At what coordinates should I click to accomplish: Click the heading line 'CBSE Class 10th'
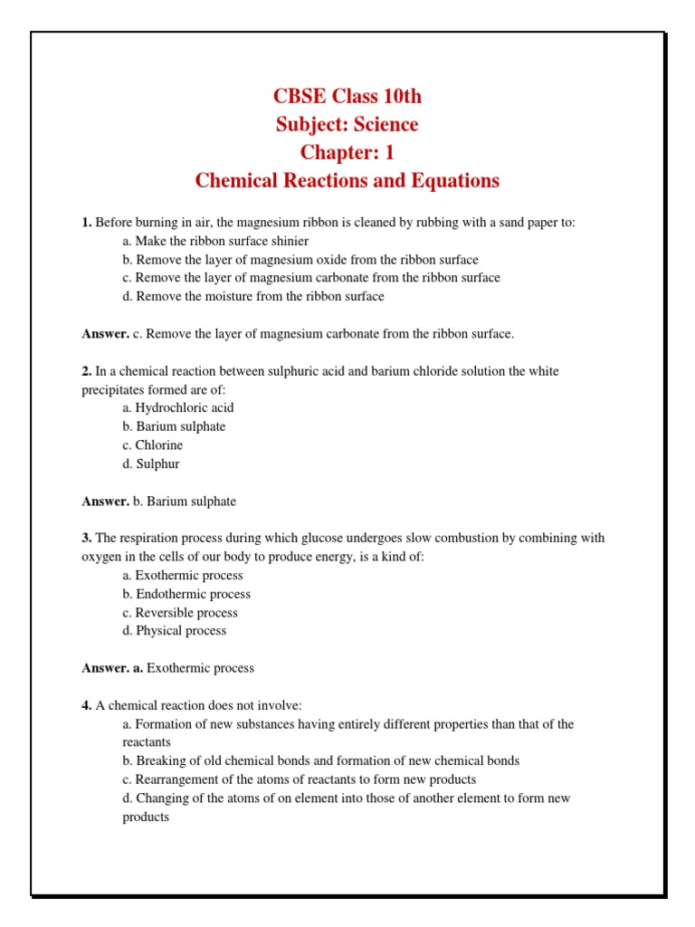(x=347, y=97)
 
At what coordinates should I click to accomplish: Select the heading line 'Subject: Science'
(x=347, y=125)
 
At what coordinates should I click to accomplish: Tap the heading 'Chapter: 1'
(x=347, y=153)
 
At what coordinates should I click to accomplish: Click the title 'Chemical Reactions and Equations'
(x=347, y=181)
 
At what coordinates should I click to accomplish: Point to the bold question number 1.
(x=87, y=223)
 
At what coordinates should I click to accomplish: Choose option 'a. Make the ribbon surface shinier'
(x=215, y=241)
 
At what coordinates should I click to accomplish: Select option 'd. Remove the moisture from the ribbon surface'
(x=253, y=296)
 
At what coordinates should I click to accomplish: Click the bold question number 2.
(x=87, y=371)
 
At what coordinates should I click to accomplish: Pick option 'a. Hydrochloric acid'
(x=178, y=408)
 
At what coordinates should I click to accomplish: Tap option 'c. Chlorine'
(x=153, y=445)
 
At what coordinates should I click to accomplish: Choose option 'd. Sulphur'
(x=151, y=463)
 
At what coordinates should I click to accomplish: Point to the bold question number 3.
(x=87, y=538)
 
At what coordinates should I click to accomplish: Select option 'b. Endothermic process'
(x=187, y=594)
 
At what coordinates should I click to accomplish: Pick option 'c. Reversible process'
(x=180, y=613)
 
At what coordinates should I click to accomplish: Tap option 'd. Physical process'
(x=175, y=631)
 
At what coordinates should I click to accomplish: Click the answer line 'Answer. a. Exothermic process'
(x=168, y=668)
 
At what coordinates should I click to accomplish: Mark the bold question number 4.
(x=87, y=705)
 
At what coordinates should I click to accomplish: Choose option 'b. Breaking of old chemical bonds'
(x=321, y=760)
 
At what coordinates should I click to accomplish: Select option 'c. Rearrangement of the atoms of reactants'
(x=300, y=779)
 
